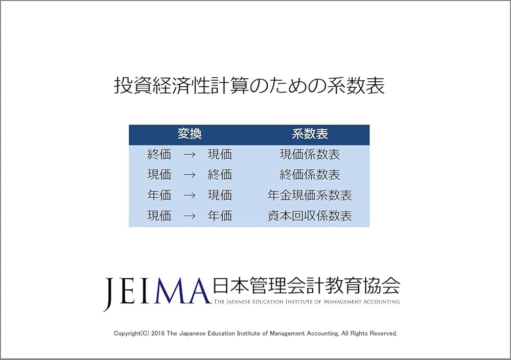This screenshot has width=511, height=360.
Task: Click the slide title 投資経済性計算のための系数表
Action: (x=249, y=86)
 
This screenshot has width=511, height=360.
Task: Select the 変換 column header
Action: (x=190, y=134)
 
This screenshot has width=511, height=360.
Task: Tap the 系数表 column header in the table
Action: (x=310, y=134)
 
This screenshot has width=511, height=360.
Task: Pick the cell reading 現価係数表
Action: (x=310, y=154)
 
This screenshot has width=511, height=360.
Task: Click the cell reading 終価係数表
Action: (x=310, y=175)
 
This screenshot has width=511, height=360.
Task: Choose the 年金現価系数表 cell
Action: (x=310, y=195)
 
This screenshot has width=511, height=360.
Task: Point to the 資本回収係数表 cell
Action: (x=310, y=215)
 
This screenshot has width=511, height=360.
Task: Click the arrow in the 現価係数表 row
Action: (x=190, y=155)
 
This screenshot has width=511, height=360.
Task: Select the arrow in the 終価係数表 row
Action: (x=190, y=175)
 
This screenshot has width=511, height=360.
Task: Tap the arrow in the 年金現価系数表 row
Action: (x=190, y=196)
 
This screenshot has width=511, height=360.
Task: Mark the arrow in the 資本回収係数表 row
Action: (x=190, y=216)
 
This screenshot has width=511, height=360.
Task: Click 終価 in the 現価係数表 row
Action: (x=159, y=154)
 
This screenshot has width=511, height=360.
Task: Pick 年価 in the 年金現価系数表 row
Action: (x=159, y=195)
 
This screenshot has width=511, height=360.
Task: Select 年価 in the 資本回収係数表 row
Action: (x=220, y=215)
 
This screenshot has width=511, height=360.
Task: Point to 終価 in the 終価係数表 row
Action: (x=220, y=175)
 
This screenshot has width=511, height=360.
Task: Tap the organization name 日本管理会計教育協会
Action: (x=306, y=286)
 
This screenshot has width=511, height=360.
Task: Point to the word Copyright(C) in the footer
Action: (x=130, y=333)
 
